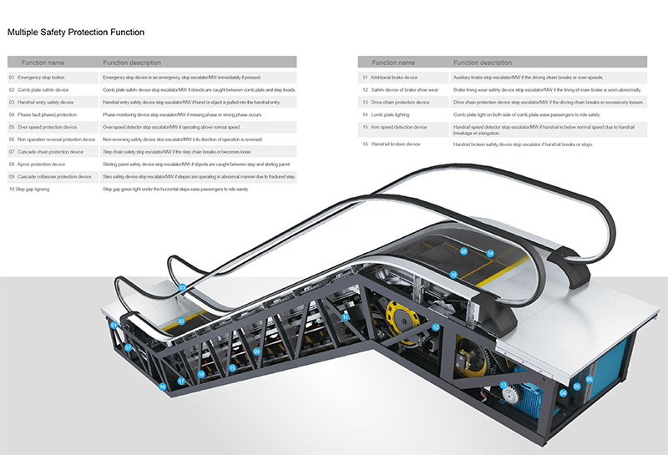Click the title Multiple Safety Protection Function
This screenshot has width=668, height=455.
tap(76, 33)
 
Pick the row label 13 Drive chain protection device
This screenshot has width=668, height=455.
tap(396, 102)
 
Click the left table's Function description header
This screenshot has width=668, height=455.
tap(132, 63)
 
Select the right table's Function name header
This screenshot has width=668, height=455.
tap(393, 63)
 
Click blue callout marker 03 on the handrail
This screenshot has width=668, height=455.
tap(182, 287)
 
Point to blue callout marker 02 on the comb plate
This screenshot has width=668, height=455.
tap(181, 321)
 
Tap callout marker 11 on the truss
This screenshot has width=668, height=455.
tap(345, 317)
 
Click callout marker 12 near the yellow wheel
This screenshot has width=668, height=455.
tap(435, 328)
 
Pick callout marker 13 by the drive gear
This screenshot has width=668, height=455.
tap(504, 385)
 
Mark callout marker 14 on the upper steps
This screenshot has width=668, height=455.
tap(490, 253)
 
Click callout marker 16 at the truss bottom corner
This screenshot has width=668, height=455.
tap(162, 387)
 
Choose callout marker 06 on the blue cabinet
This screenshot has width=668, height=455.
tap(589, 379)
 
